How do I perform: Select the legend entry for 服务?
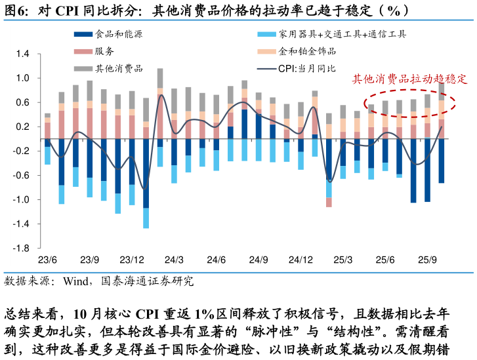tap(104, 51)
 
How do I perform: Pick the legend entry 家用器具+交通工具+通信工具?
tap(342, 34)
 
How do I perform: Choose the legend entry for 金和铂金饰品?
tap(307, 51)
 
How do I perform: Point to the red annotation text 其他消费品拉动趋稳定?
tap(409, 79)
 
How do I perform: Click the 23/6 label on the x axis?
tap(47, 260)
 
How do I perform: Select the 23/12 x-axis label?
tap(131, 260)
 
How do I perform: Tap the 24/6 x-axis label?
tap(217, 260)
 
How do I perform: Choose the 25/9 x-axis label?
tap(428, 260)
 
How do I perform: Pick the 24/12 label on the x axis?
tap(301, 260)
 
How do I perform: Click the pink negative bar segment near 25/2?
tap(329, 203)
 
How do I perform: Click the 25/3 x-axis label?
tap(343, 260)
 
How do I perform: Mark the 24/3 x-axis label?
tap(174, 260)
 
